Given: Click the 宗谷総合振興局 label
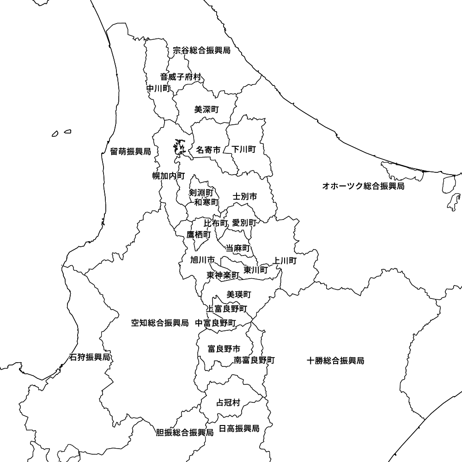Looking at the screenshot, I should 201,50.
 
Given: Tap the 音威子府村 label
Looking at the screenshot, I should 181,77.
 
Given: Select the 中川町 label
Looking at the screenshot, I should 158,88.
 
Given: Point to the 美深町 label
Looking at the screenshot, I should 207,109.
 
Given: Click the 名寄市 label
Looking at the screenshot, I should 208,150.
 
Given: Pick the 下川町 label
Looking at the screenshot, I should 244,149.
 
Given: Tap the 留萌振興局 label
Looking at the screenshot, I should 131,151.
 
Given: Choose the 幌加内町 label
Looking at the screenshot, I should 169,176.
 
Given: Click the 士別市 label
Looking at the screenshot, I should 245,196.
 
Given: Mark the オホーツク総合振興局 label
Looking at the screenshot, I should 363,186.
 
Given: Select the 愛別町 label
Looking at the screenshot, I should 244,223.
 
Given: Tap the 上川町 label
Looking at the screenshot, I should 285,261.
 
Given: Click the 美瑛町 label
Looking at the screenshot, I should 239,294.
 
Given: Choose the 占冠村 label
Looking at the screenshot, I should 228,403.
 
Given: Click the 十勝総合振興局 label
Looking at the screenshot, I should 335,360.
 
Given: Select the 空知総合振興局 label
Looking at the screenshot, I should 160,323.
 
